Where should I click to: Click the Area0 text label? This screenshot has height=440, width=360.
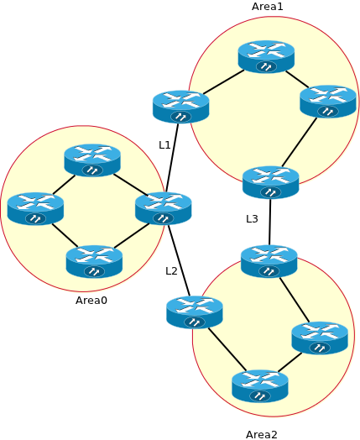coord(91,300)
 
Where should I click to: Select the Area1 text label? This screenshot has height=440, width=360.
coord(268,7)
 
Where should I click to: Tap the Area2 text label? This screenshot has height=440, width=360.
coord(262,434)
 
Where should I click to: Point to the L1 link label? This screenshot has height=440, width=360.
coord(164,145)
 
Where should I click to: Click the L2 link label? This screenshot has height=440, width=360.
coord(171,270)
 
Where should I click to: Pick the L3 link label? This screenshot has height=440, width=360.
coord(252,219)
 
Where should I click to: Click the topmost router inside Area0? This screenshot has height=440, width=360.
coord(92,160)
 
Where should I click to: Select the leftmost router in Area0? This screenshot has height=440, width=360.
coord(35,209)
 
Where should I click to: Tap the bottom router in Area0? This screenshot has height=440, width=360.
coord(94,262)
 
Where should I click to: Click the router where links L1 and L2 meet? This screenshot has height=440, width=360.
coord(164,208)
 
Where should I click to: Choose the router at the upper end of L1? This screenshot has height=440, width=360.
coord(180,107)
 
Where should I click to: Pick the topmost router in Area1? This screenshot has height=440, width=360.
coord(266,56)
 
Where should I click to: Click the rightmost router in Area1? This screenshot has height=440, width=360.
coord(328,102)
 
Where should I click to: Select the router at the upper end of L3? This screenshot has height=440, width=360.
coord(270,182)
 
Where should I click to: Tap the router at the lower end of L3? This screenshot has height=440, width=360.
coord(269,261)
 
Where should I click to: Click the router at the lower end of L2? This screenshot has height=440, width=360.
coord(195,312)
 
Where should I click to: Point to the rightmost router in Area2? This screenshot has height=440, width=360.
coord(320,338)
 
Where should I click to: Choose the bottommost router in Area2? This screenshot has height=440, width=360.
coord(260,386)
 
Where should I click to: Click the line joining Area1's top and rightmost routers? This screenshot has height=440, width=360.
coord(298,79)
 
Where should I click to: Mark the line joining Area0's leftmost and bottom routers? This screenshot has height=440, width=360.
coord(65,236)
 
